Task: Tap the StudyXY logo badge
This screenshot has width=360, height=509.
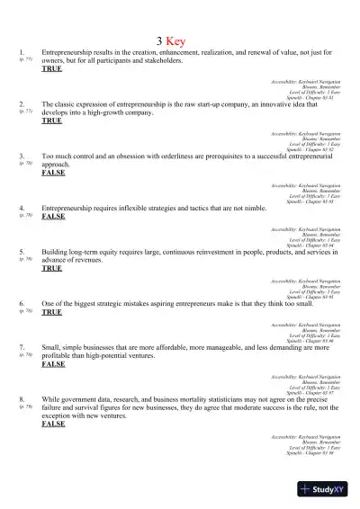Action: [x=325, y=488]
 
